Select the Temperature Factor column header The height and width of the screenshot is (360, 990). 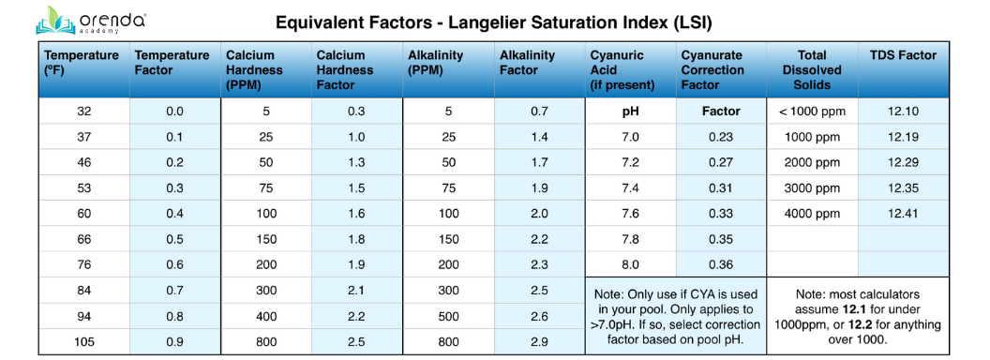pos(172,63)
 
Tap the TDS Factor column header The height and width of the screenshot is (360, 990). pos(903,55)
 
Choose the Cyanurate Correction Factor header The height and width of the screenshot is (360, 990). pos(719,70)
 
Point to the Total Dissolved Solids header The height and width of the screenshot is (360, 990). pos(811,70)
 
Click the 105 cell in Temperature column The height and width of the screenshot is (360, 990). pos(83,341)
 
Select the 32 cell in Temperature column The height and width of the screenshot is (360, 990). pos(83,112)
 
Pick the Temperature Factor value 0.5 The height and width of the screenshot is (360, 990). pos(174,239)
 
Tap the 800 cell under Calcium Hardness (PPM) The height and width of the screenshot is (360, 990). pos(265,341)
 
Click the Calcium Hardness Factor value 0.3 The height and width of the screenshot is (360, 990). pos(356,112)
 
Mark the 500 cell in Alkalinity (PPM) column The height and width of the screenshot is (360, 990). pos(448,316)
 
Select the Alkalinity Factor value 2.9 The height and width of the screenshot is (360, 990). pos(540,341)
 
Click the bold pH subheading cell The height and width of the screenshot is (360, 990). pos(630,112)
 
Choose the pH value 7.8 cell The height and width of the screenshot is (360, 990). pos(630,239)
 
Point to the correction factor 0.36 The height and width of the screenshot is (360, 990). pos(721,264)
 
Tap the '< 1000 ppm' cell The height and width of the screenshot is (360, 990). pos(812,112)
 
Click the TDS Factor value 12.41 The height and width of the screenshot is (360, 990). pos(903,214)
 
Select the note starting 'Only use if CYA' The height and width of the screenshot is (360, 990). pos(675,316)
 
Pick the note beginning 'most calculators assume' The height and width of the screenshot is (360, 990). pos(858,316)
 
